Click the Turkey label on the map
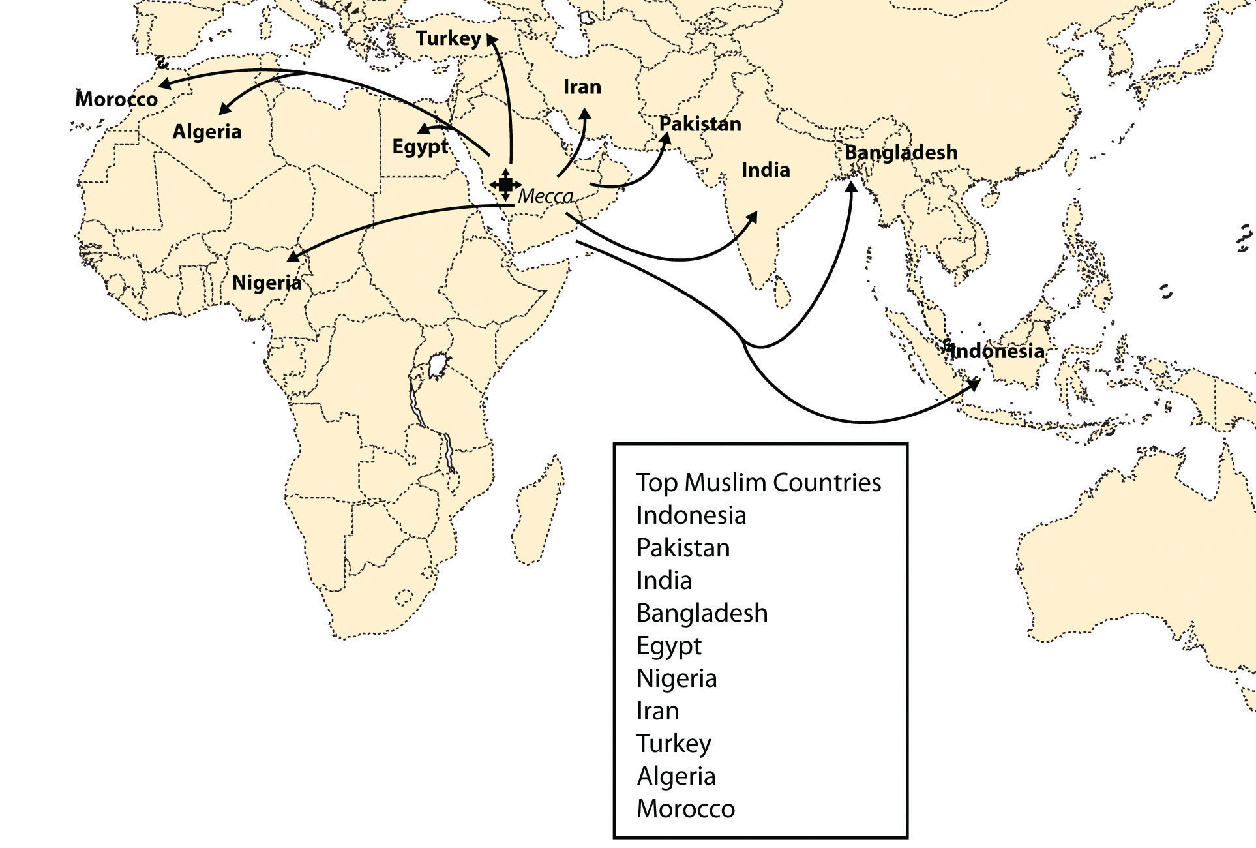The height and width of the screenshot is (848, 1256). (x=448, y=38)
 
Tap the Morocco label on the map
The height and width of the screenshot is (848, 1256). (x=117, y=99)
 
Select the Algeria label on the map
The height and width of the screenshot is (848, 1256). (x=207, y=132)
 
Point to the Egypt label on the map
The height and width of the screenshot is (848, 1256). (x=420, y=147)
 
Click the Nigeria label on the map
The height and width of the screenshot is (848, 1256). (x=267, y=282)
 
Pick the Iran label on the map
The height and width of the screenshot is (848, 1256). (x=582, y=87)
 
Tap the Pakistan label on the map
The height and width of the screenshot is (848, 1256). (x=700, y=124)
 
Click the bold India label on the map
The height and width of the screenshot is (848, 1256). (x=766, y=170)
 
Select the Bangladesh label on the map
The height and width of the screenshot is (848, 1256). (x=901, y=153)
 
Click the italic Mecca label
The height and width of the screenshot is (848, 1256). (x=546, y=196)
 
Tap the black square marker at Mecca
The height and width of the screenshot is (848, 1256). (x=506, y=184)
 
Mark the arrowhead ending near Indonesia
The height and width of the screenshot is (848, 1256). (x=974, y=384)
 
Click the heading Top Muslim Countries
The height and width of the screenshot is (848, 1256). (x=758, y=483)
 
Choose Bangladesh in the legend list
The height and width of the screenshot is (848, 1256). (x=702, y=613)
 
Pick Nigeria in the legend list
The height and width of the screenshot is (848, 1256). (x=676, y=678)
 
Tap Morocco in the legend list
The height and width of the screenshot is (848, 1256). (x=685, y=809)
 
